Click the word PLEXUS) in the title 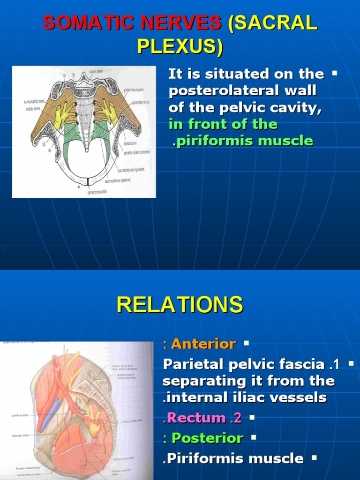click(x=180, y=47)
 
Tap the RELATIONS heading click(x=180, y=305)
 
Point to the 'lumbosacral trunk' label click(x=35, y=101)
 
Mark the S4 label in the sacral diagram click(x=49, y=150)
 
